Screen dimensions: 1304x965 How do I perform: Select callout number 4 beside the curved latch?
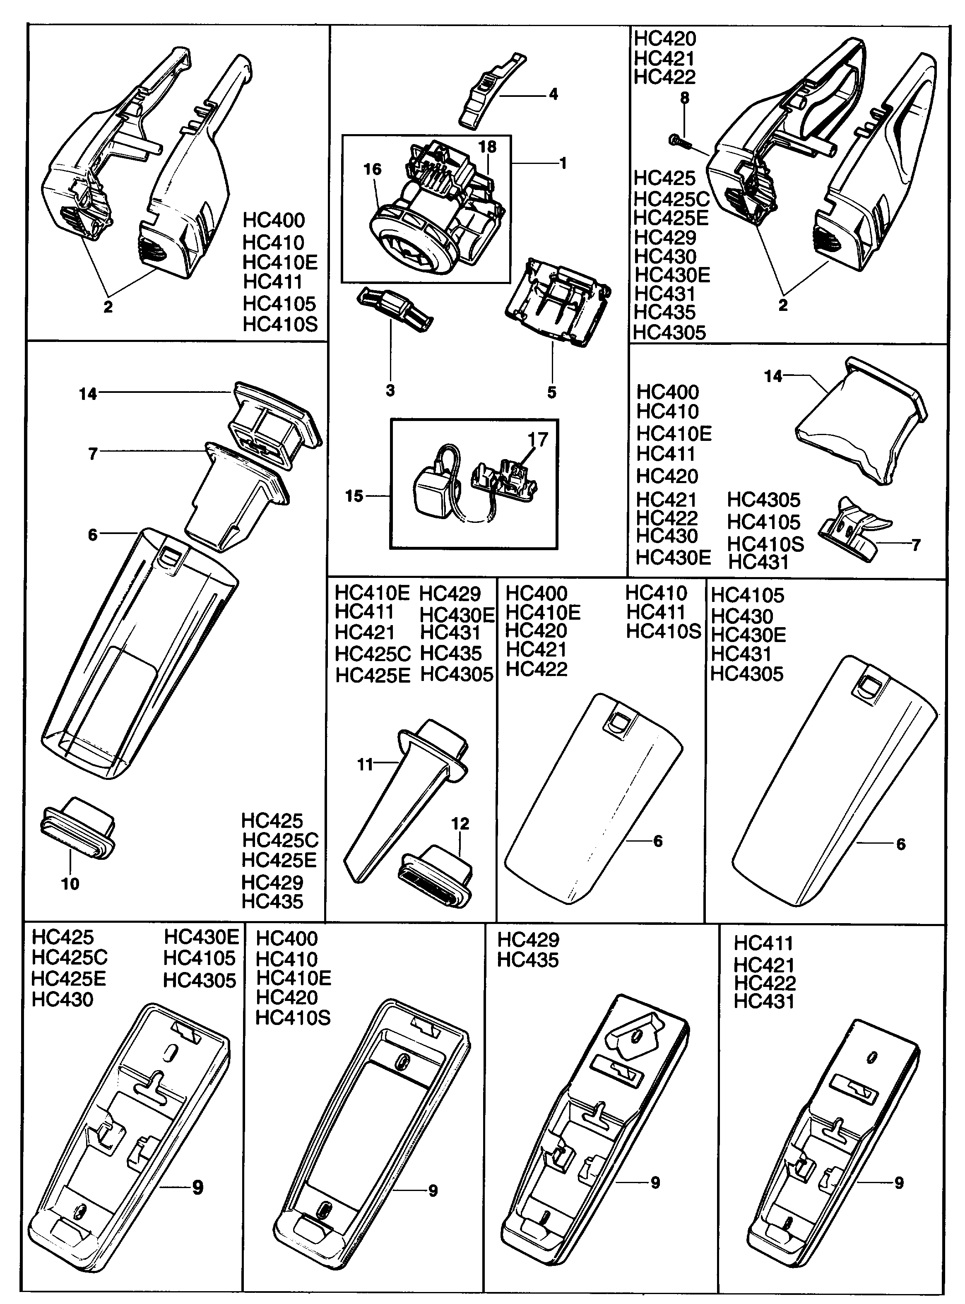pos(553,94)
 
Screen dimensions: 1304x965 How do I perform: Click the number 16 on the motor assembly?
pos(372,169)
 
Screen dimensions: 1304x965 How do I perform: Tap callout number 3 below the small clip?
pos(390,390)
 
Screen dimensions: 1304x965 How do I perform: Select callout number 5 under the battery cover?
pos(552,392)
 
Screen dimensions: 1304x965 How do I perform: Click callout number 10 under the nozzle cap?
pos(70,883)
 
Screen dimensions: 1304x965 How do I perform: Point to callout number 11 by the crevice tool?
pos(365,765)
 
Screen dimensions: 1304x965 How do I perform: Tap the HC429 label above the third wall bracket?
pos(528,940)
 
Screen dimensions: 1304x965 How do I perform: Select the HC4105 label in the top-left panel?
pos(279,304)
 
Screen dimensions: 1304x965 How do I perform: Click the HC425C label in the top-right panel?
pos(672,199)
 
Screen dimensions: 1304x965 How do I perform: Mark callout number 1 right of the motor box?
pos(563,164)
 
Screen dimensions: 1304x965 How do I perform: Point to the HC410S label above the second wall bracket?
pos(293,1018)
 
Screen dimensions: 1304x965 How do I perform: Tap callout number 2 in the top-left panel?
pos(108,307)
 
